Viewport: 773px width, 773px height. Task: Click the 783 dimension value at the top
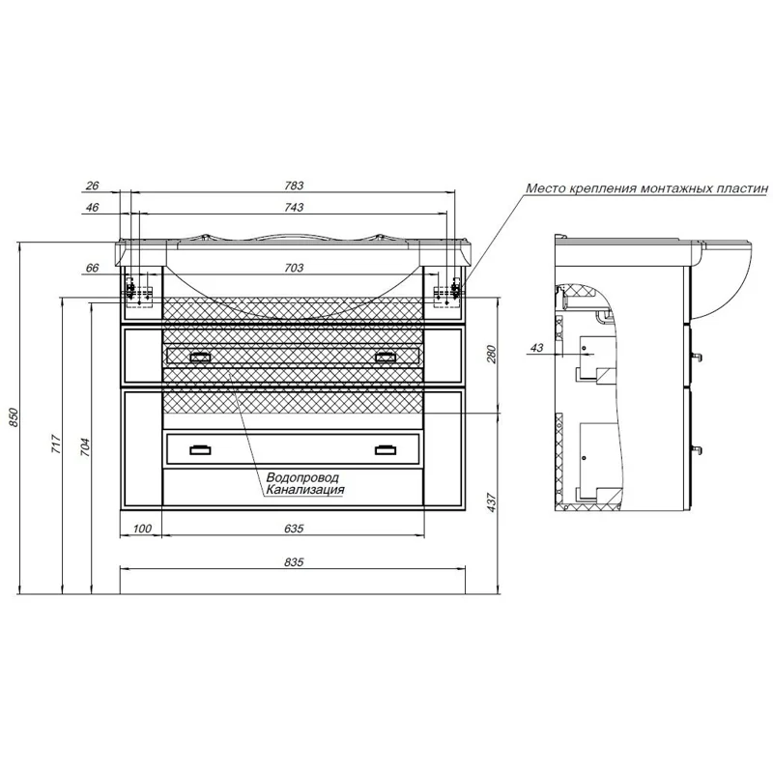tap(294, 186)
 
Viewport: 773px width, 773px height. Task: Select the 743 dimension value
tap(294, 208)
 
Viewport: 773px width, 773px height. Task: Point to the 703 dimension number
tap(294, 269)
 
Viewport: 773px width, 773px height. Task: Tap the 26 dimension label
tap(92, 186)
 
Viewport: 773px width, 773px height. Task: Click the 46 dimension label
tap(92, 208)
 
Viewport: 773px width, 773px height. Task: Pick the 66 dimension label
tap(92, 269)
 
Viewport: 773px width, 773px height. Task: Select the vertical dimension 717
tap(56, 444)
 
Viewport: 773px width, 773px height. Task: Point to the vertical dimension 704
tap(85, 446)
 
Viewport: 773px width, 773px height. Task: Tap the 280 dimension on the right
tap(492, 355)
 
